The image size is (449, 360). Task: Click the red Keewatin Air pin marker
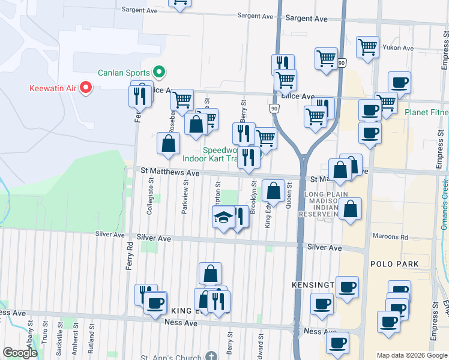click(85, 88)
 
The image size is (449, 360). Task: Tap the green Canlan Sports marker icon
click(159, 73)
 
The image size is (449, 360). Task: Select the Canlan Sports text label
click(124, 73)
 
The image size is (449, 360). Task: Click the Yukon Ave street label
click(400, 48)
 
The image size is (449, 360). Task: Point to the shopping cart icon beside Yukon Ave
click(367, 47)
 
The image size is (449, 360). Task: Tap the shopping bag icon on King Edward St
click(274, 192)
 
